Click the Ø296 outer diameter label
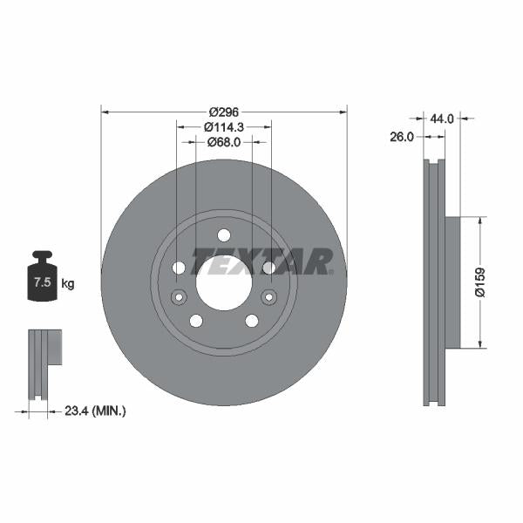[x=224, y=112]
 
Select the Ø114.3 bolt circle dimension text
[x=224, y=126]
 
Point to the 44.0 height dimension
[x=442, y=117]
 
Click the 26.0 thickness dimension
[x=401, y=136]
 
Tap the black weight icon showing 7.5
[x=43, y=278]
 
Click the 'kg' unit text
[x=68, y=283]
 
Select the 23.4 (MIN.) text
[x=96, y=410]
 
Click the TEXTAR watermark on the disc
[x=261, y=261]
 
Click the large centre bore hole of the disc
[x=224, y=282]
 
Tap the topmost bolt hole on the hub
[x=224, y=234]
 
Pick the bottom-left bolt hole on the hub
[x=196, y=320]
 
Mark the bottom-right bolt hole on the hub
[x=252, y=320]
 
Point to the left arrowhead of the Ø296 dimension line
[x=105, y=112]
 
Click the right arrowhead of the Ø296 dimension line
[x=343, y=112]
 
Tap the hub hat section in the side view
[x=452, y=282]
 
